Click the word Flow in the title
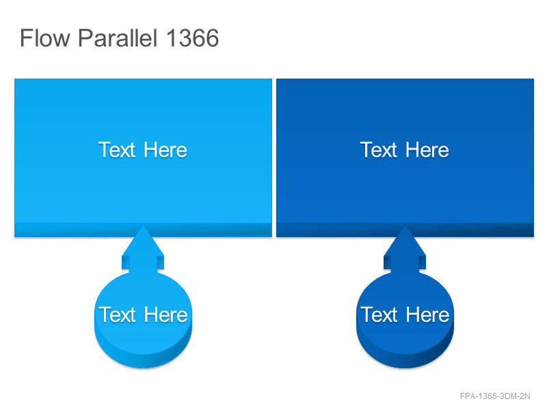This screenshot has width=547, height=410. [45, 38]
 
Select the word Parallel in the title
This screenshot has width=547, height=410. [118, 38]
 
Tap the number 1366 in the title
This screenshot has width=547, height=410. [192, 38]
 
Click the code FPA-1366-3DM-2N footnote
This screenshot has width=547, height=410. [495, 396]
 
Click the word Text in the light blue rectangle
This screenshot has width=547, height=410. [116, 150]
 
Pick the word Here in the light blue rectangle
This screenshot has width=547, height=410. [165, 150]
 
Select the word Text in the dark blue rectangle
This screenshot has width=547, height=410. [379, 150]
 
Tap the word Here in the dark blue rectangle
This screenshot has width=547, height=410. [427, 150]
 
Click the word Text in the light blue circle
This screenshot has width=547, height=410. [117, 314]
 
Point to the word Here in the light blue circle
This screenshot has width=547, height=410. [165, 314]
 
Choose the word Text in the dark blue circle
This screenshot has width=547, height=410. [379, 314]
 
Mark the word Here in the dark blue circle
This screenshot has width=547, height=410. [428, 314]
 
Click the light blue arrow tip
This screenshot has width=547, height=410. [143, 226]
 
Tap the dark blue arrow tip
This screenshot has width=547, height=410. [405, 226]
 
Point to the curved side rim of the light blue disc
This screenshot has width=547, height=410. [143, 361]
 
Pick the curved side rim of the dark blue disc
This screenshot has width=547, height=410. [405, 361]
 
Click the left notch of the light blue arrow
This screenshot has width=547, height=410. [125, 262]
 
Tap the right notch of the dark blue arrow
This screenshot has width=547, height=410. [422, 262]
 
